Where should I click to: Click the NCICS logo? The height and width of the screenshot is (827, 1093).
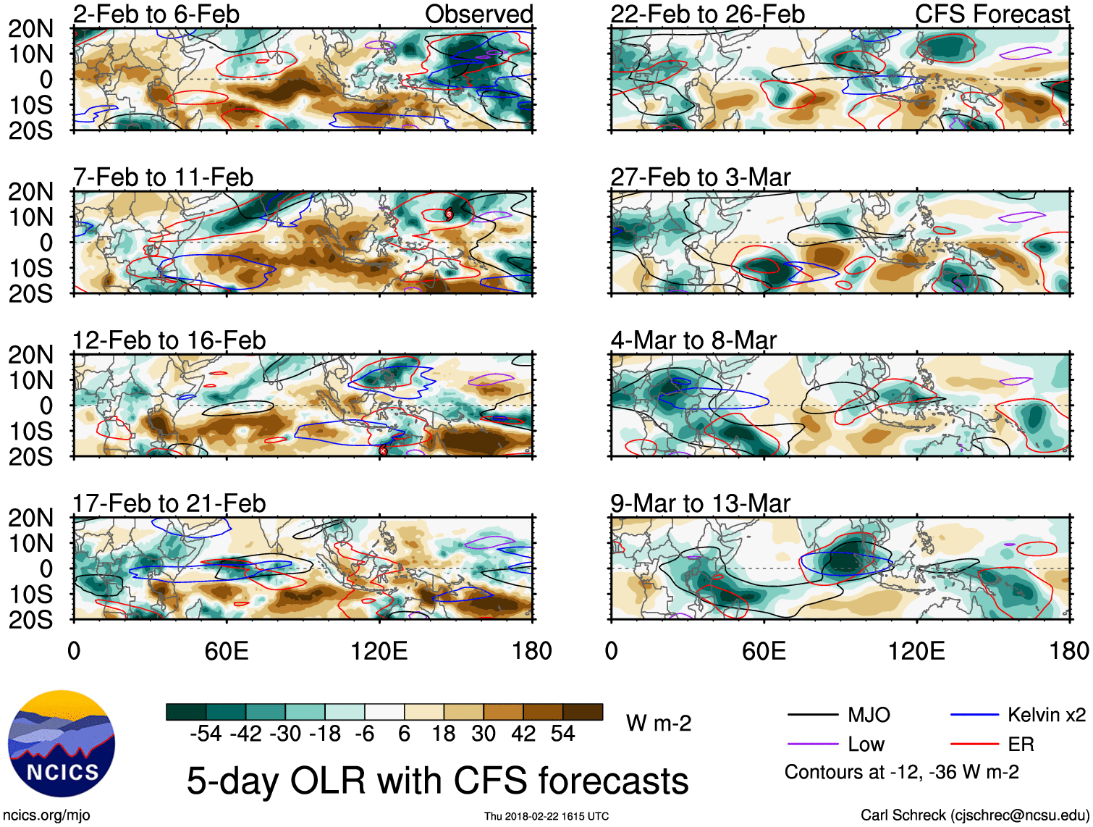(x=62, y=744)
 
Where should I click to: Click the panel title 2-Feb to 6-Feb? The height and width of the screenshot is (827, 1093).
(x=156, y=14)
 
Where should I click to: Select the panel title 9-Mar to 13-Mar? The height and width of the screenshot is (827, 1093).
(x=700, y=503)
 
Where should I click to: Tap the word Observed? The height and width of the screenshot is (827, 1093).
(x=478, y=14)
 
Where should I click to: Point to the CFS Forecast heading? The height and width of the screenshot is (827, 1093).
(x=992, y=14)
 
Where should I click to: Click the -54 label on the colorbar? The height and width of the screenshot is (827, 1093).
(x=206, y=734)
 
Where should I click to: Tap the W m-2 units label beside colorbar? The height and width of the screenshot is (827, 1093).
(x=658, y=723)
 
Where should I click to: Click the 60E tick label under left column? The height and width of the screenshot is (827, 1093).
(x=227, y=651)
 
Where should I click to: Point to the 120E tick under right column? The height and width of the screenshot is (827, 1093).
(x=916, y=651)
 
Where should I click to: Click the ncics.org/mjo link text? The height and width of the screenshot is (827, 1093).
(x=46, y=815)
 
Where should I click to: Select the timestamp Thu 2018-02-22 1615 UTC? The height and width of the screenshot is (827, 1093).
(x=546, y=816)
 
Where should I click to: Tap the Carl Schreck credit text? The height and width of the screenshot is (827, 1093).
(x=974, y=815)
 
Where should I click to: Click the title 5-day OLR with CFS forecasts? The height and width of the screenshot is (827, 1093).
(x=437, y=781)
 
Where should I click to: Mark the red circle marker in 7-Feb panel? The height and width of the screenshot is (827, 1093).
(x=449, y=214)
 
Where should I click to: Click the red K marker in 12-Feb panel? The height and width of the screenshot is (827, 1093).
(x=383, y=450)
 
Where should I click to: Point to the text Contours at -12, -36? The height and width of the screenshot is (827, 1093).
(x=901, y=773)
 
